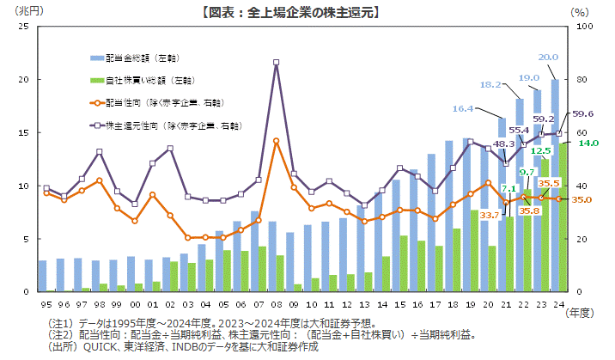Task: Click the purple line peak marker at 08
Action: click(276, 62)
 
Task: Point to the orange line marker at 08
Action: click(276, 141)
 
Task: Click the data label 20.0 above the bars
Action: click(548, 58)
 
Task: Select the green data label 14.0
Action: click(588, 143)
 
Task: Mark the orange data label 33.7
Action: click(490, 215)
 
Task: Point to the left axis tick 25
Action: click(25, 26)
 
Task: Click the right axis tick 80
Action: click(580, 79)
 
